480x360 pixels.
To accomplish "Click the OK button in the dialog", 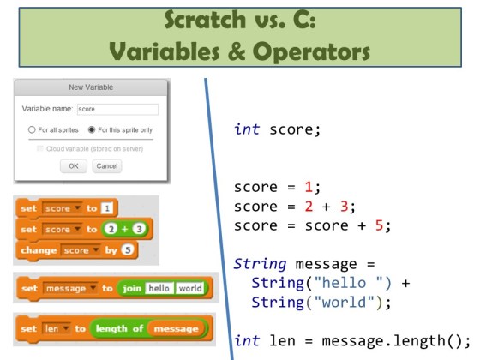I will tap(73, 165).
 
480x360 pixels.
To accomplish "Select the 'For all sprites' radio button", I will tap(32, 130).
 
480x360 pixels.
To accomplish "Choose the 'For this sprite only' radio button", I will tap(92, 130).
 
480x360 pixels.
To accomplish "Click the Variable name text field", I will tap(117, 109).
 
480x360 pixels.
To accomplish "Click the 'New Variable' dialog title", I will tap(90, 88).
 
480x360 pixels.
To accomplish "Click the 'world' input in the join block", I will tap(189, 288).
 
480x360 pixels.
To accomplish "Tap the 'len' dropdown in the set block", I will tap(55, 328).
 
